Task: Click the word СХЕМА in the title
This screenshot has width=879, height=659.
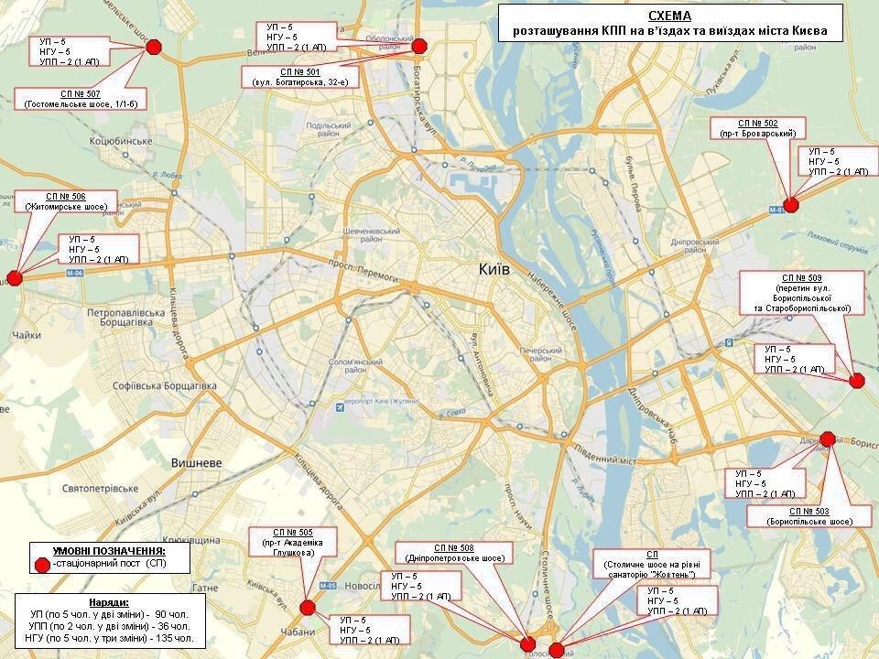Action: pos(669,16)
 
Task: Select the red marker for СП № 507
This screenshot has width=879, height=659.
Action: pos(154,47)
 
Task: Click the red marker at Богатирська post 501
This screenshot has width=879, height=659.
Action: pos(419,46)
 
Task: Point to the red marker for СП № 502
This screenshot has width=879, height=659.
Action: pos(791,205)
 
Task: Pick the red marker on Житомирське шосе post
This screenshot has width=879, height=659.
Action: pos(14,278)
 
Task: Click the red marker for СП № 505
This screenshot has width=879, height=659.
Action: pos(308,606)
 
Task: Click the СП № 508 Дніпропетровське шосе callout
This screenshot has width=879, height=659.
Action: pos(454,553)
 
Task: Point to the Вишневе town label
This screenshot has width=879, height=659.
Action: pos(197,463)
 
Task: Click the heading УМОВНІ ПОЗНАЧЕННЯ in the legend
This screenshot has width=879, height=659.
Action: pos(108,551)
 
